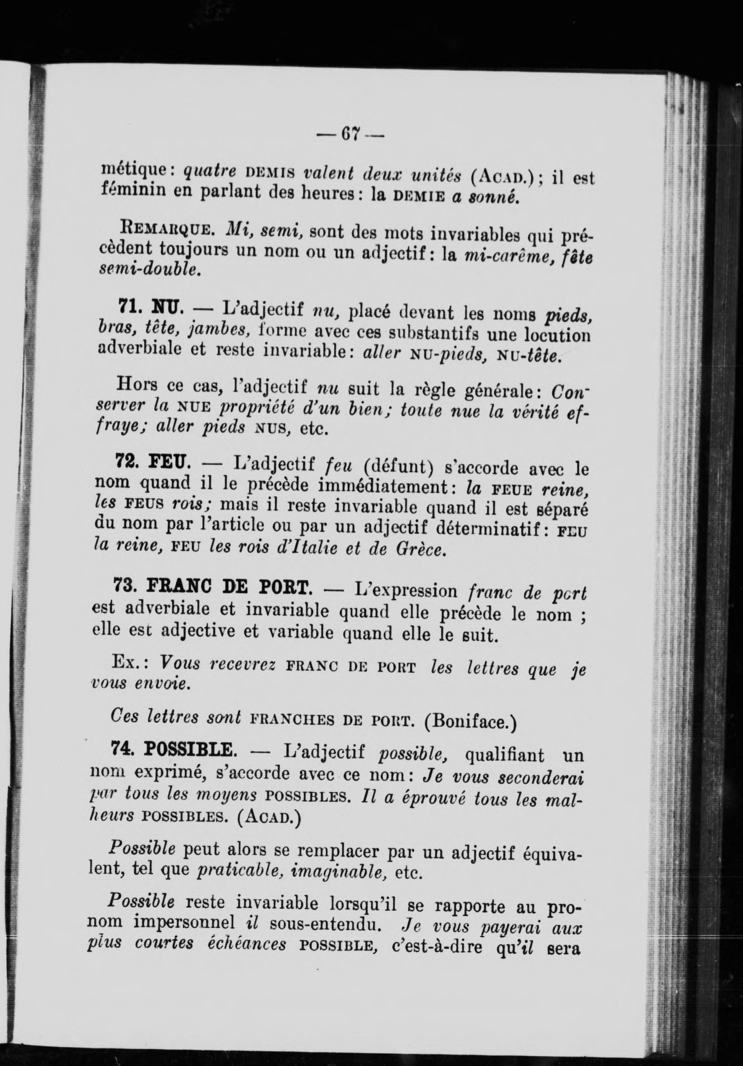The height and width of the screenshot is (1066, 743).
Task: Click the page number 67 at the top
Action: [x=350, y=135]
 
